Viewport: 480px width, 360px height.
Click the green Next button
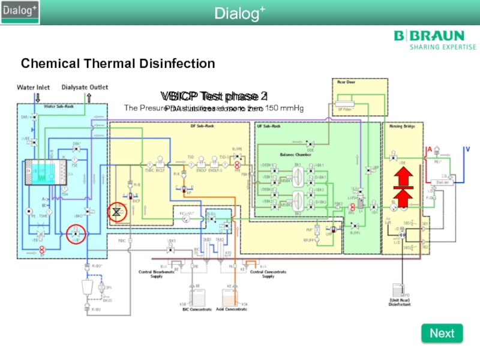pos(442,333)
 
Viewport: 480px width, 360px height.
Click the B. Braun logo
pos(428,40)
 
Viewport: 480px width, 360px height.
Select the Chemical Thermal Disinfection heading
pos(118,63)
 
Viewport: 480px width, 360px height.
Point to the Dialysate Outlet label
pos(85,88)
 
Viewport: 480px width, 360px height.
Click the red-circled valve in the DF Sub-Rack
pos(118,212)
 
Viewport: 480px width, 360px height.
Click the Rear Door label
pos(346,83)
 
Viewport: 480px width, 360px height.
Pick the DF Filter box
pos(346,109)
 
